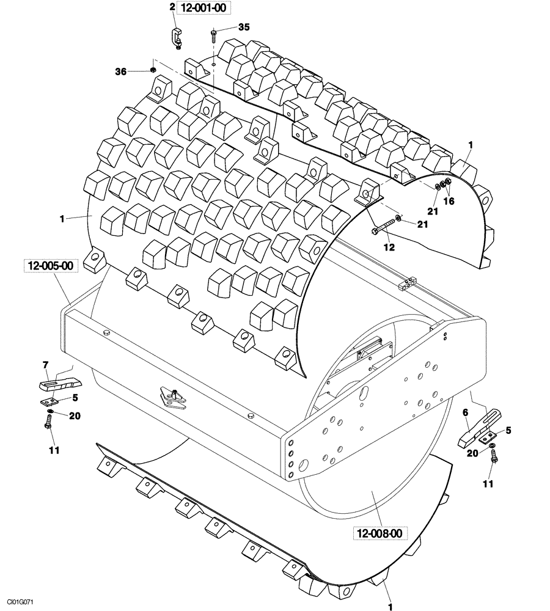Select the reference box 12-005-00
coord(50,266)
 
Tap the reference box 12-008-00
coord(380,533)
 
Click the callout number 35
coord(244,27)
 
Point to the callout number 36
coord(121,71)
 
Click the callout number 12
coord(389,247)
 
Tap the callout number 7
coord(45,365)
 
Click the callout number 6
coord(465,414)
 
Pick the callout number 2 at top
coord(172,7)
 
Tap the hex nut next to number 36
coord(152,71)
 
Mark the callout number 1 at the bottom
coord(389,607)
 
